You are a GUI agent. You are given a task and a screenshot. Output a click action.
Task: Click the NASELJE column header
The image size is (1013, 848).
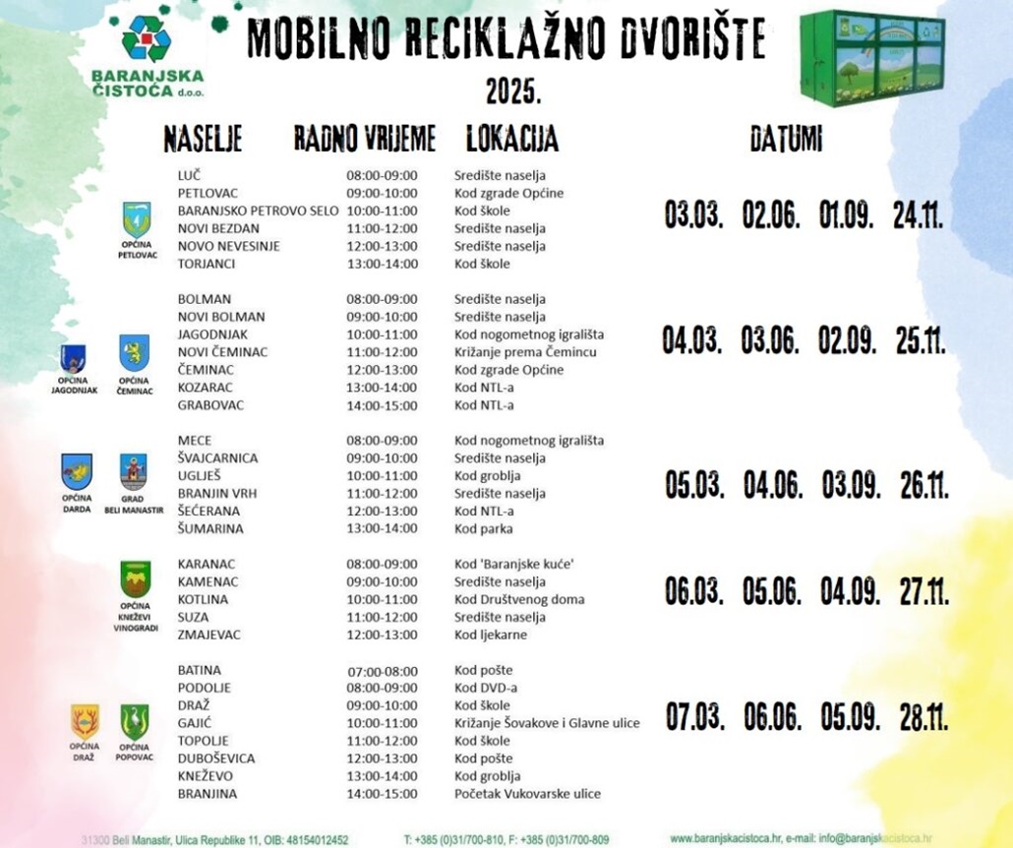click(203, 140)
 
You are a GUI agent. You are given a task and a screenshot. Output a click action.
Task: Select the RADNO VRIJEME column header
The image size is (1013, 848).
click(364, 140)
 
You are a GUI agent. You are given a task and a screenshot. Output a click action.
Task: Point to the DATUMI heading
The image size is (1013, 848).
click(785, 140)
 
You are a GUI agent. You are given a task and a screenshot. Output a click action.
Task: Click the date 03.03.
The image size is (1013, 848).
click(694, 215)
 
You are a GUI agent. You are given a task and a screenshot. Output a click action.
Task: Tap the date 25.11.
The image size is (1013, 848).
click(921, 341)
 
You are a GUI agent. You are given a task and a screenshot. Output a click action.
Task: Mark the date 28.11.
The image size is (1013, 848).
click(924, 718)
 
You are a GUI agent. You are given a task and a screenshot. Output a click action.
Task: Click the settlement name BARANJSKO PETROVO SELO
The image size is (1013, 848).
click(258, 211)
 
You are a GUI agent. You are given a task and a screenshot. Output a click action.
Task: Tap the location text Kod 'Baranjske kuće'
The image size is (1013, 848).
click(513, 564)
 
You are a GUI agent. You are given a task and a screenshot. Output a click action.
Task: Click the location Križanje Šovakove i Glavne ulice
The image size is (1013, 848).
click(546, 723)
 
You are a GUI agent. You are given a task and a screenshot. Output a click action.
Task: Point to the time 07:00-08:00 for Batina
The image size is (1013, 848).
click(382, 671)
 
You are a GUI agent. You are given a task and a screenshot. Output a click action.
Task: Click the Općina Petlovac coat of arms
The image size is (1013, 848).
click(137, 219)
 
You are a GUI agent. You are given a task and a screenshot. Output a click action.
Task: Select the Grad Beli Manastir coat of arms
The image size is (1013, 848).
click(134, 471)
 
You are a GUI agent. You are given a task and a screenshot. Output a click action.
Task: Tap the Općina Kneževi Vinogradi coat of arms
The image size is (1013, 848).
click(136, 578)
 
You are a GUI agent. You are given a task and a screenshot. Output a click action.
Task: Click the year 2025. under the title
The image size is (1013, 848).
click(513, 92)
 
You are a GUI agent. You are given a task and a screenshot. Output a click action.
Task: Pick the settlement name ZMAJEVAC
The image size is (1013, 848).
click(209, 635)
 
